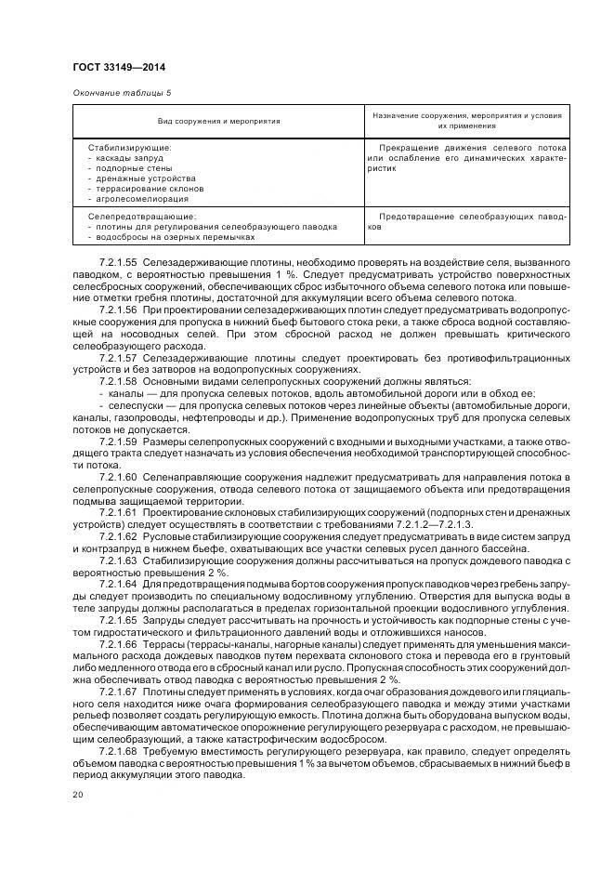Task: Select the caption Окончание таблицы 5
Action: (122, 93)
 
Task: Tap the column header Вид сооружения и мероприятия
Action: (218, 122)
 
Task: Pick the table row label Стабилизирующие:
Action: (130, 148)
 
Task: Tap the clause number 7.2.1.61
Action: (118, 512)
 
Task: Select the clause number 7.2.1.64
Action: (118, 584)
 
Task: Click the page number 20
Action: (78, 795)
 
